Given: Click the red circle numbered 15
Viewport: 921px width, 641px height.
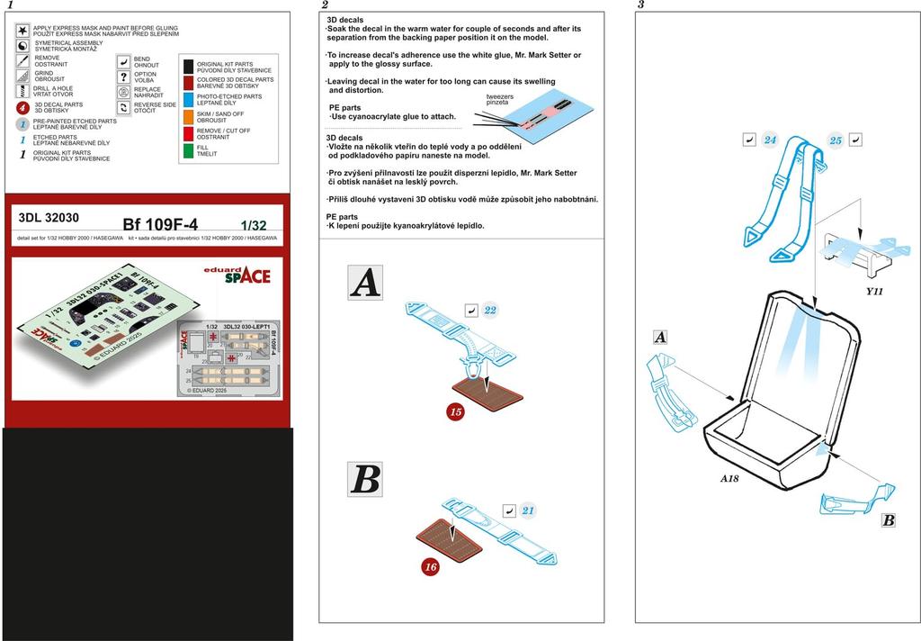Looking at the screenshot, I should tap(455, 411).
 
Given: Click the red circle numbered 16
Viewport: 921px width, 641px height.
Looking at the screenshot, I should tap(431, 566).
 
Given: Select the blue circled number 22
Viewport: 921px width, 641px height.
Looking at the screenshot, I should tap(490, 310).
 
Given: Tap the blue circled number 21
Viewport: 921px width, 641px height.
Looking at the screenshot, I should tap(528, 511).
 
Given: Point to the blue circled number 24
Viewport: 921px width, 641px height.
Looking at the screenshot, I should tap(770, 140).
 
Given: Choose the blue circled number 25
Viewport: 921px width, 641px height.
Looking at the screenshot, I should tap(836, 140).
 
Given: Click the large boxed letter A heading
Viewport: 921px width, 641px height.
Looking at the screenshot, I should tap(365, 284).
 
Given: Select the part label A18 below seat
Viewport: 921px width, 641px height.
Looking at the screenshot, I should tap(729, 478).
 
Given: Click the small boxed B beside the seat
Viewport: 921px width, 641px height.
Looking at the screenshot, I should tap(888, 519).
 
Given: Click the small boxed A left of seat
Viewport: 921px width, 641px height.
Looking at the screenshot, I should tap(661, 337).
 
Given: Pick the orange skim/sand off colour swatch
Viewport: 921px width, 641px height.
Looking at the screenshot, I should tap(189, 115).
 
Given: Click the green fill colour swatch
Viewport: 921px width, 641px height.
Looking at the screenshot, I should tap(189, 150).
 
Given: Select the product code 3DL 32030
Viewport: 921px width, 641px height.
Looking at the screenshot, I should tap(49, 217).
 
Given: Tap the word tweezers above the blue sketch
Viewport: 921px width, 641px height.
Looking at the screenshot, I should tap(501, 96).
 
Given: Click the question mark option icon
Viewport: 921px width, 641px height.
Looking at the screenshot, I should tap(123, 77).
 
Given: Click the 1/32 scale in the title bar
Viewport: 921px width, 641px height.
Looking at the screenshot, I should tap(253, 224).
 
